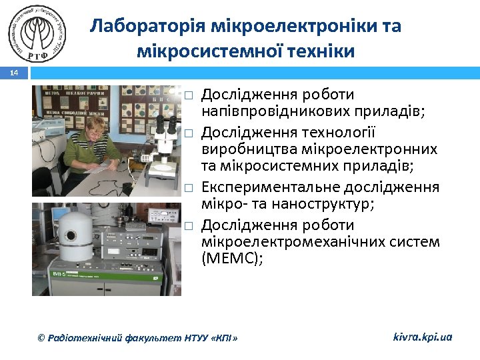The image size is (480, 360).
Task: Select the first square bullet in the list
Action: click(x=189, y=95)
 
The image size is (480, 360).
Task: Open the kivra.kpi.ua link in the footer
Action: click(x=423, y=337)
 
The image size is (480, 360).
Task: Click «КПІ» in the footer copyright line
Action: click(x=224, y=338)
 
